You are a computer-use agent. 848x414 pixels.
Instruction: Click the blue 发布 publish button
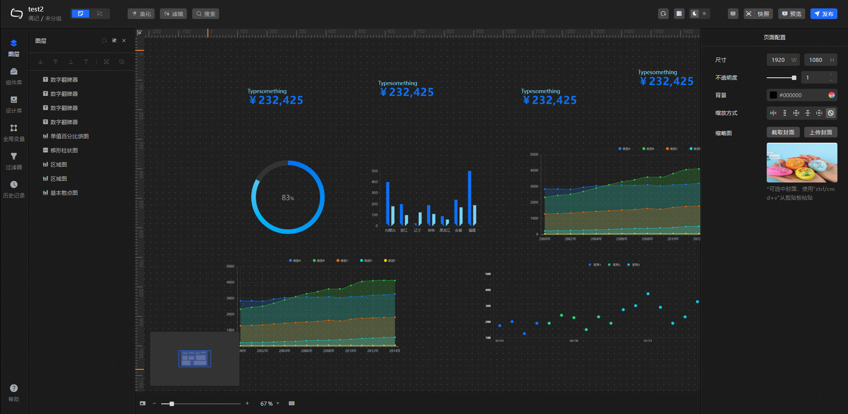[824, 14]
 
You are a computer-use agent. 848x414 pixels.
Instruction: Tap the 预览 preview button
[791, 14]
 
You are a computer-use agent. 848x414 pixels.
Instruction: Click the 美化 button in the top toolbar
[141, 14]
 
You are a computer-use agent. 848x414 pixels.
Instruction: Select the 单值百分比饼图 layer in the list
[69, 136]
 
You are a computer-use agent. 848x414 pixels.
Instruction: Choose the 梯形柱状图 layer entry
[64, 150]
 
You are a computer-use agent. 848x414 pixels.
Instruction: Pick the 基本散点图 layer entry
[64, 193]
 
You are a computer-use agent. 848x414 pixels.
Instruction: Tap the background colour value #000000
[791, 95]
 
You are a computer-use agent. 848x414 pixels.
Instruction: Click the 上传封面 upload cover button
[821, 132]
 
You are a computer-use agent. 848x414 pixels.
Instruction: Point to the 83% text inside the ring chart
[288, 198]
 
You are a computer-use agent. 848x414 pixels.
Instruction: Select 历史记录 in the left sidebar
[14, 189]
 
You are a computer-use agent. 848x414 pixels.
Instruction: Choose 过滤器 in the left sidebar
[14, 160]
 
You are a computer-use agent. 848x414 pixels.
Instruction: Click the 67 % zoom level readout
[267, 403]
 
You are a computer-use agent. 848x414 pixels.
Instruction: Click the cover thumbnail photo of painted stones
[802, 162]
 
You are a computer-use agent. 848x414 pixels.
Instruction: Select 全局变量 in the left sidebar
[14, 132]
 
